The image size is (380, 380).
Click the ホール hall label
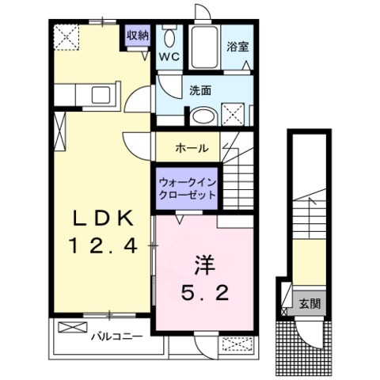pyautogui.click(x=192, y=148)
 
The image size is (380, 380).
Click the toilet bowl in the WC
pyautogui.click(x=168, y=38)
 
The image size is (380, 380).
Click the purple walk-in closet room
pyautogui.click(x=187, y=191)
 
